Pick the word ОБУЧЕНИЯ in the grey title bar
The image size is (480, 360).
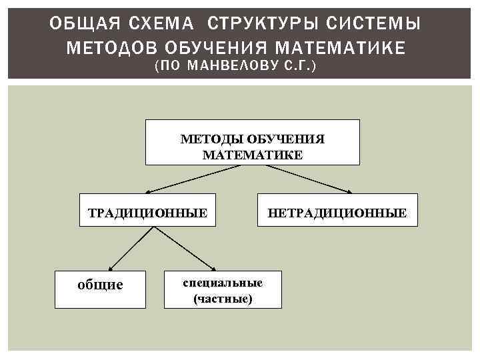[208, 48]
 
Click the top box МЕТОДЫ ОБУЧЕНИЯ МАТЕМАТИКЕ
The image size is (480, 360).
[253, 142]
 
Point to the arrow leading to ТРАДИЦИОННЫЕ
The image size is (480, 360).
[193, 179]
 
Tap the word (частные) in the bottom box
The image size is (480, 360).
[223, 299]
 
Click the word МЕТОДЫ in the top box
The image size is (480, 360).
[212, 139]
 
